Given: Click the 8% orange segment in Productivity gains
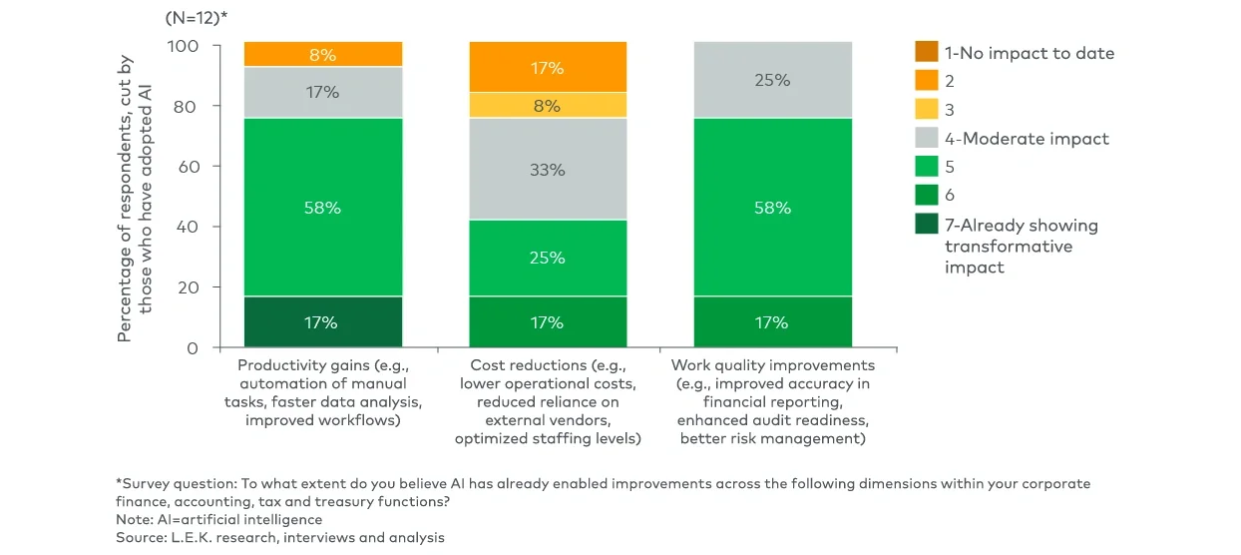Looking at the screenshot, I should [x=322, y=54].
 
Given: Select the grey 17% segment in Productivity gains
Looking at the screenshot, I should [x=322, y=92].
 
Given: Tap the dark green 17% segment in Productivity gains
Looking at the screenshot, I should [x=322, y=321].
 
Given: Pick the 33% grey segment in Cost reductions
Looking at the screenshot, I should [x=548, y=169].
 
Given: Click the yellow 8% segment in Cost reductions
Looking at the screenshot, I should [x=548, y=104].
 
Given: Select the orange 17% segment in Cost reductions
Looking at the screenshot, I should [x=548, y=67].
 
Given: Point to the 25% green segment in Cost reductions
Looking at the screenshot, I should [x=548, y=258].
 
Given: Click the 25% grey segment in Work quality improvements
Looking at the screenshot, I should [x=773, y=80].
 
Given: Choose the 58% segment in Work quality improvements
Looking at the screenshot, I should [x=773, y=207].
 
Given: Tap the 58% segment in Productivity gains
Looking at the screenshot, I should [x=322, y=207].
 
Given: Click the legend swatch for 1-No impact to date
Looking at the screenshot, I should [x=927, y=53].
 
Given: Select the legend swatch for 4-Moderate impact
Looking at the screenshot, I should [x=927, y=139].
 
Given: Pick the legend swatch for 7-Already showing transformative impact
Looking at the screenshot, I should [x=927, y=225].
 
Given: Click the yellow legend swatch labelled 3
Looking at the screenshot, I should [x=927, y=110].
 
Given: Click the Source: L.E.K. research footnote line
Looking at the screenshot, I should [x=280, y=537].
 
